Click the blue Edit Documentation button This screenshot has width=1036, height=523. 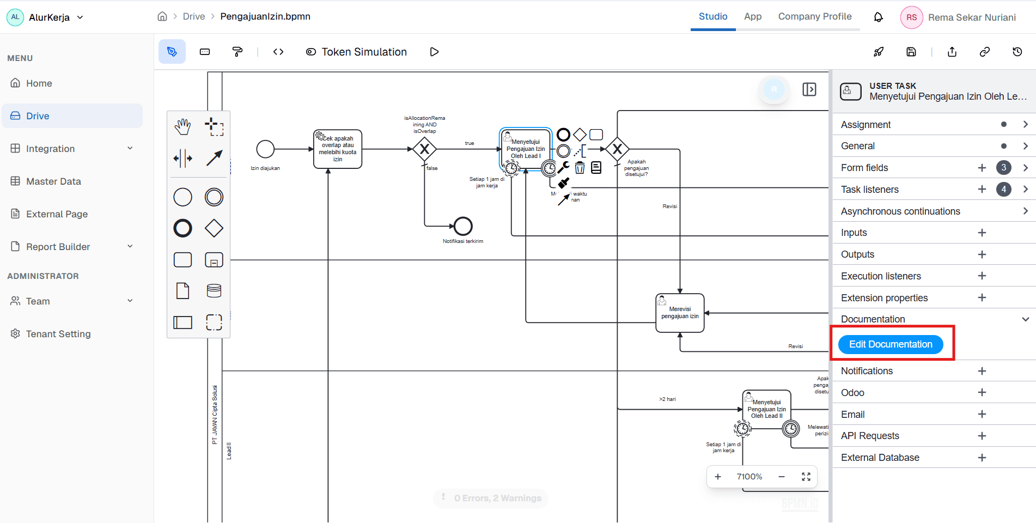(890, 344)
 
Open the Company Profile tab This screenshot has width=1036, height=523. (814, 16)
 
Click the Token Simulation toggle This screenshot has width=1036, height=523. (357, 52)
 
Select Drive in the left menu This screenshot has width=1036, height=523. (38, 116)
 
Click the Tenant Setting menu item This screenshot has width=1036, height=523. (58, 334)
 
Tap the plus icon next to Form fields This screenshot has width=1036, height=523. (982, 168)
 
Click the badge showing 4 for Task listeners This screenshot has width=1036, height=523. (1003, 190)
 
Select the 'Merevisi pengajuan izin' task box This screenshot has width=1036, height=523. (680, 313)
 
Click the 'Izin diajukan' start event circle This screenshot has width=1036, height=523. (265, 149)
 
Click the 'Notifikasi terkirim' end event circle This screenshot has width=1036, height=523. (463, 226)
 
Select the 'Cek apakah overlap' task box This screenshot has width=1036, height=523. (338, 149)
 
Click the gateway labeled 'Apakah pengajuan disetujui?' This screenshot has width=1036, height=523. (617, 149)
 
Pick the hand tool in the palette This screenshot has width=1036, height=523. (182, 127)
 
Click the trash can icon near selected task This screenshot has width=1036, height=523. (580, 168)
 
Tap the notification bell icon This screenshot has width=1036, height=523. (878, 17)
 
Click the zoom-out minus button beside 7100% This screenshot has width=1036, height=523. (781, 477)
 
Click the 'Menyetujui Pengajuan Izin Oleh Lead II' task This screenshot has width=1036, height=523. (766, 409)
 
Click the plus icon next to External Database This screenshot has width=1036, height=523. (982, 458)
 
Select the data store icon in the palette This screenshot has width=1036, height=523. (214, 291)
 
